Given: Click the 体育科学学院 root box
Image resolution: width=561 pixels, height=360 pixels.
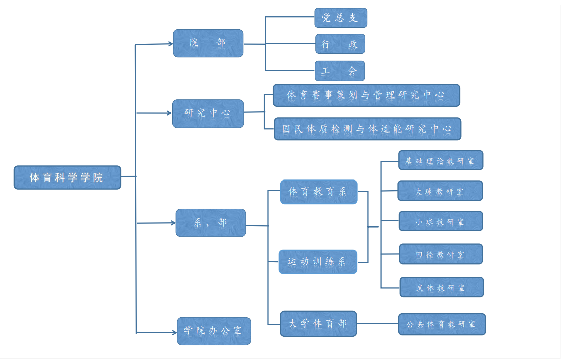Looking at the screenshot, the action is (x=68, y=177).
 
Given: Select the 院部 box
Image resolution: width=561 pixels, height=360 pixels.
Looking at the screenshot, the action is (x=208, y=43).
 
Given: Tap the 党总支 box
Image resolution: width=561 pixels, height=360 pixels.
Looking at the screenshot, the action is (x=341, y=18).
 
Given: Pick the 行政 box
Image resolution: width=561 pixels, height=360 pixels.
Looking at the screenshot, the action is (x=340, y=44).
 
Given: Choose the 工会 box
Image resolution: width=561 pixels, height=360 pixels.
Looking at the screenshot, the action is (x=340, y=71).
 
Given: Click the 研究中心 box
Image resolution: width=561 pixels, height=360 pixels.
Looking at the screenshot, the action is (x=208, y=113).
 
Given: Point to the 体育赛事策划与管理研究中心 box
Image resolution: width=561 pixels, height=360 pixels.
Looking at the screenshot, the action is (x=366, y=96).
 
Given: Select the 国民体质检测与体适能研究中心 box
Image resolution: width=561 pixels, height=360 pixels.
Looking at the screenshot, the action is (x=367, y=129).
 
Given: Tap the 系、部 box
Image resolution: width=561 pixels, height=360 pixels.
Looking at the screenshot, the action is (x=211, y=223).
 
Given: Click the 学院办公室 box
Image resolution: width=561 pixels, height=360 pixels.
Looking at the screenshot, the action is (x=214, y=331).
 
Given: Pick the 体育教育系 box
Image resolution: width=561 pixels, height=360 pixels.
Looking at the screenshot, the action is (x=319, y=192).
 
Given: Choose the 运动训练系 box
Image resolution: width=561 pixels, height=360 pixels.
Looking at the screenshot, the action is (x=318, y=262).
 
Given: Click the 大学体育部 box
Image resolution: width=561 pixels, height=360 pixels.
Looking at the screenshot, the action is (x=319, y=324).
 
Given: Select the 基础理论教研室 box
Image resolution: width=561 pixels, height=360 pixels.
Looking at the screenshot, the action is (x=441, y=160).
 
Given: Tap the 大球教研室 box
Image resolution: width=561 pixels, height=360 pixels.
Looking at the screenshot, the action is (x=440, y=191).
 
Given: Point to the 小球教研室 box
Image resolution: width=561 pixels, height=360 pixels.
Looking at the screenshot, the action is (x=441, y=221).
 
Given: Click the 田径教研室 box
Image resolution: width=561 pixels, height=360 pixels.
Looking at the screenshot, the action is (x=441, y=254).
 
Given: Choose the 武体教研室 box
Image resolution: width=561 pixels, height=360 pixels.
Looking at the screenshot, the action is (x=442, y=287).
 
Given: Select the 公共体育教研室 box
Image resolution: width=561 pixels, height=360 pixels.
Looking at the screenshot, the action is (x=442, y=324).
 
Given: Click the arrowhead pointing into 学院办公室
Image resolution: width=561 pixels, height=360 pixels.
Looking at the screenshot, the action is (x=174, y=333).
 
